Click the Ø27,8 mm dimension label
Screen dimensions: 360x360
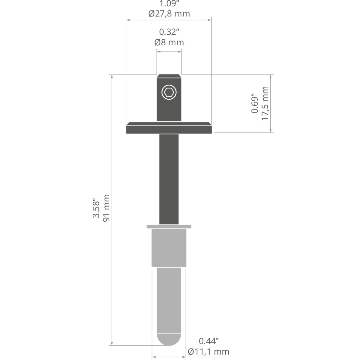pyautogui.click(x=169, y=13)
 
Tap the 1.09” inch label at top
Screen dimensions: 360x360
pyautogui.click(x=169, y=3)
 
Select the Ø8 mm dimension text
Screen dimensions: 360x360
pyautogui.click(x=169, y=42)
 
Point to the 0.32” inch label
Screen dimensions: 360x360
pyautogui.click(x=169, y=32)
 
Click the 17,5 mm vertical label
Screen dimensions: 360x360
pyautogui.click(x=265, y=103)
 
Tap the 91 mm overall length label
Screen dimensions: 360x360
pyautogui.click(x=106, y=208)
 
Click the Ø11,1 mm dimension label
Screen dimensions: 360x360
pyautogui.click(x=208, y=352)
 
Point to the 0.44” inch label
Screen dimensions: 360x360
pyautogui.click(x=209, y=341)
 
